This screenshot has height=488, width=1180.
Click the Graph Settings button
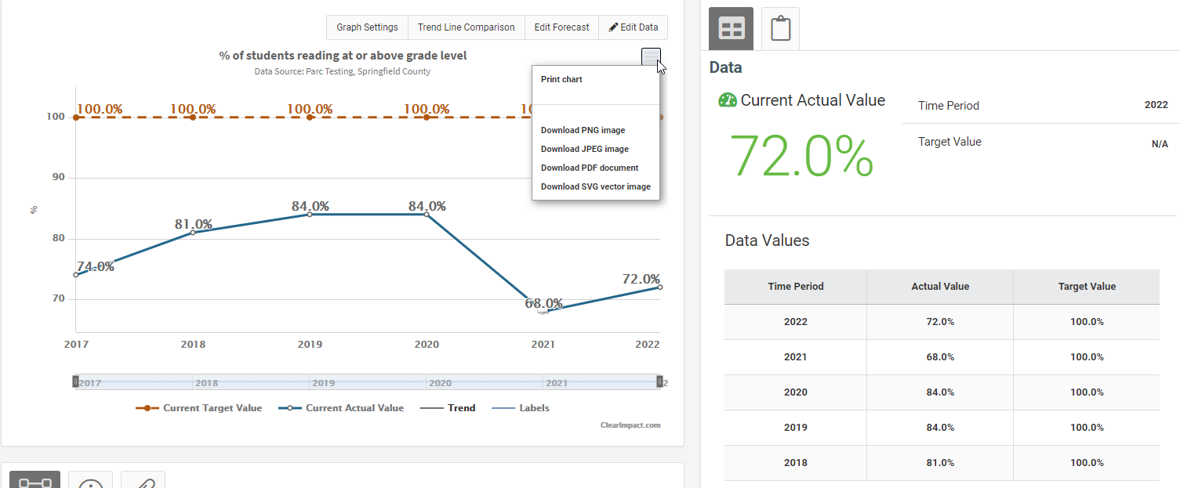click(x=367, y=27)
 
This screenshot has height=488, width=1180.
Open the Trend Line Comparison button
click(x=466, y=27)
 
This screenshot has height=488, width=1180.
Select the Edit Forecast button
click(x=561, y=27)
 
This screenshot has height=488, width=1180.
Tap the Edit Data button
click(x=634, y=27)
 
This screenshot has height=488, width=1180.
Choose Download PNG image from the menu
click(x=583, y=130)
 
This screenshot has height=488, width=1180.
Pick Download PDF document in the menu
click(x=589, y=168)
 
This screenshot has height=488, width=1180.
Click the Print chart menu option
click(x=561, y=79)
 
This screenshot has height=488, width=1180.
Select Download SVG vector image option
click(x=595, y=186)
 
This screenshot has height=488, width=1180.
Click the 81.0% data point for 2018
click(x=193, y=233)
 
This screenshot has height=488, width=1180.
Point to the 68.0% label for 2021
click(x=543, y=303)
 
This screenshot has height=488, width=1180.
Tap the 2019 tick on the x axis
click(x=310, y=344)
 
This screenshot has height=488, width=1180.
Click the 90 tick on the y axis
click(x=58, y=178)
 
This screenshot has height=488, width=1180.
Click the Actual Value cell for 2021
click(x=939, y=357)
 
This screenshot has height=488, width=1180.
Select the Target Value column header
click(x=1087, y=287)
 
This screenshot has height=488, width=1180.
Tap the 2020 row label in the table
click(x=795, y=392)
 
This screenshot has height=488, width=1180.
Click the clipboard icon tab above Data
click(x=780, y=29)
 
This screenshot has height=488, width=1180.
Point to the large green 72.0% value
click(x=801, y=157)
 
